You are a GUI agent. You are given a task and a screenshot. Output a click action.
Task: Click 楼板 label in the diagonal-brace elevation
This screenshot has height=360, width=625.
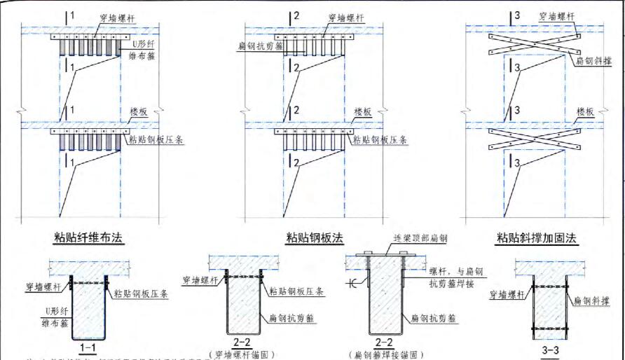pyautogui.click(x=585, y=111)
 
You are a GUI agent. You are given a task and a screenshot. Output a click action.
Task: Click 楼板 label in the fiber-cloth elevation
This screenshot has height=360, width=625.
pyautogui.click(x=141, y=111)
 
